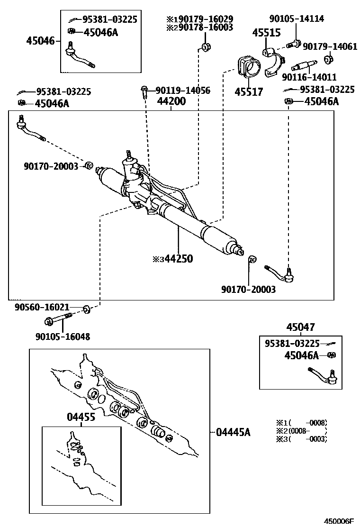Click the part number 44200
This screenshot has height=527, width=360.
click(x=171, y=101)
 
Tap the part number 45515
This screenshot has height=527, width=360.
click(x=266, y=33)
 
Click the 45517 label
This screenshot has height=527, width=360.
click(x=249, y=91)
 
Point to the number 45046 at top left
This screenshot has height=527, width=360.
click(x=42, y=41)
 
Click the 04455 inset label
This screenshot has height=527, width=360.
click(x=81, y=417)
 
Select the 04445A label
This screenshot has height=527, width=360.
click(x=233, y=432)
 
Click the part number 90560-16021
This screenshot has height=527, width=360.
click(x=49, y=307)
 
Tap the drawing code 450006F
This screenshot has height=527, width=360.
click(x=339, y=521)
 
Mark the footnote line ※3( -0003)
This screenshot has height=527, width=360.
click(x=302, y=439)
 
